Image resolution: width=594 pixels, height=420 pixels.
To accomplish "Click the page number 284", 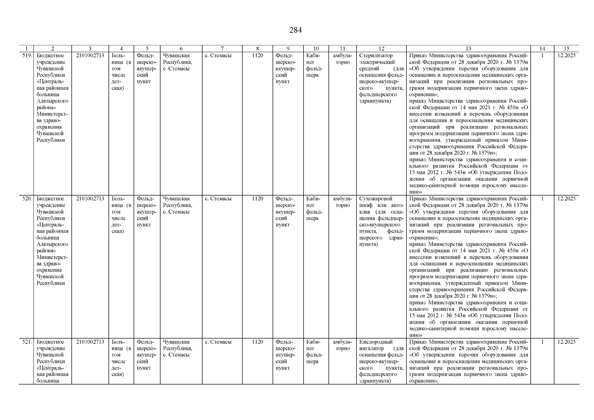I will click(x=295, y=30).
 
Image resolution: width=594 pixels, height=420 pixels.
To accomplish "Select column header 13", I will click(x=468, y=49).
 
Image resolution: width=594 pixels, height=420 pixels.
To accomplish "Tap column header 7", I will click(x=222, y=49).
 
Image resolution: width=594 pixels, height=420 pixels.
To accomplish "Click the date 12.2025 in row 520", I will click(x=566, y=199).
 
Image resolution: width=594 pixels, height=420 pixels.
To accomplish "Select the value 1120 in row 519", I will click(x=258, y=56).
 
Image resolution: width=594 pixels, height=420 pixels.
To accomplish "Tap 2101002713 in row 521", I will click(x=90, y=342).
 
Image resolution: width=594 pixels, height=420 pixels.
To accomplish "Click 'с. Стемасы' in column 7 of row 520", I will click(x=218, y=199).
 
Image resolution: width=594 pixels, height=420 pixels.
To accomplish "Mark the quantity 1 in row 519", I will click(x=542, y=56).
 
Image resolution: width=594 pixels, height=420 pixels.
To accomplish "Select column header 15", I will click(x=566, y=49).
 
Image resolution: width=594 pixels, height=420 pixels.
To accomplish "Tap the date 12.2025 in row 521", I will click(x=566, y=342).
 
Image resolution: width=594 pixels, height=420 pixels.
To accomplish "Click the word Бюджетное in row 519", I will click(x=50, y=56).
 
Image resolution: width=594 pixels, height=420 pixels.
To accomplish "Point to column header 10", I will click(x=316, y=49).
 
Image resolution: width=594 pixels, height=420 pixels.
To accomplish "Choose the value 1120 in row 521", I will click(x=258, y=342).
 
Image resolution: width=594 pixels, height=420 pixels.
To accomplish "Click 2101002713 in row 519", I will click(x=90, y=56).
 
